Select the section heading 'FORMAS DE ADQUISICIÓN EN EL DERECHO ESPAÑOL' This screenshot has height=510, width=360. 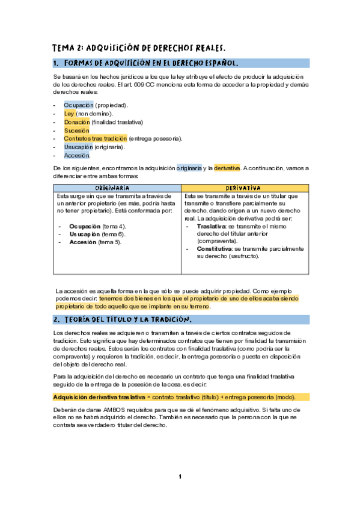(x=151, y=63)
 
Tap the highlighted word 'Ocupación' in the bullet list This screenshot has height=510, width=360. (x=78, y=105)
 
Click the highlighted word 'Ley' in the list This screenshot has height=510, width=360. (x=69, y=113)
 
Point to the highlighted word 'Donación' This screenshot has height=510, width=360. (x=76, y=121)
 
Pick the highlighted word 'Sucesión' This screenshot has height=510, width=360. (x=76, y=130)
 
